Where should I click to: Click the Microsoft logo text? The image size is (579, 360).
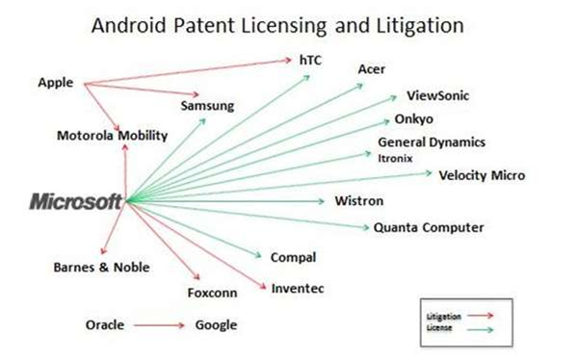pyautogui.click(x=76, y=201)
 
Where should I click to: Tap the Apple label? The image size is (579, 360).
pyautogui.click(x=56, y=83)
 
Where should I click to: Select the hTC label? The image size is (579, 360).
pyautogui.click(x=310, y=60)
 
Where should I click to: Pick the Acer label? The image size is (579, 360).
pyautogui.click(x=372, y=68)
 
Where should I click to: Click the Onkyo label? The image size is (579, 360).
pyautogui.click(x=414, y=119)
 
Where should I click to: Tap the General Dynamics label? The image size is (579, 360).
pyautogui.click(x=432, y=142)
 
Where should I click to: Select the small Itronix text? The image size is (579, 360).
pyautogui.click(x=396, y=156)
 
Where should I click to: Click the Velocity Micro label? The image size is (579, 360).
pyautogui.click(x=482, y=175)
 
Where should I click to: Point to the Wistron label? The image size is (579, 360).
pyautogui.click(x=358, y=201)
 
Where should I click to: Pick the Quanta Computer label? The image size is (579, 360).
pyautogui.click(x=429, y=227)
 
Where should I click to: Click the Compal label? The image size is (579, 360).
pyautogui.click(x=293, y=257)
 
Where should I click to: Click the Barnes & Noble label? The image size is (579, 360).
pyautogui.click(x=101, y=267)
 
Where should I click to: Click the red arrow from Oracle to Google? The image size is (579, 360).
pyautogui.click(x=159, y=325)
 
